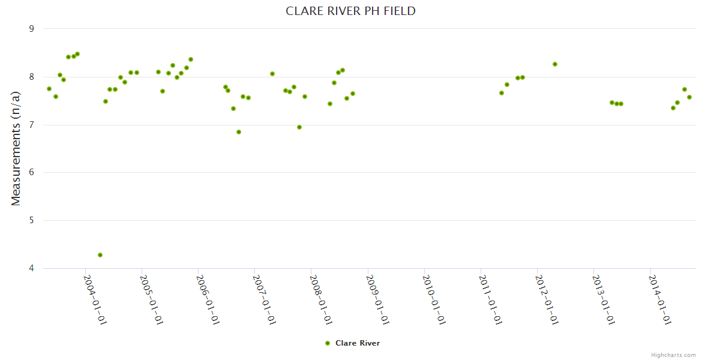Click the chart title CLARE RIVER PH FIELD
click(x=350, y=11)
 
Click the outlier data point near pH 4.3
click(x=100, y=255)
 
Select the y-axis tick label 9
click(x=31, y=29)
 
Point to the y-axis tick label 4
click(x=31, y=268)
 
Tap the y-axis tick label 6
click(x=31, y=173)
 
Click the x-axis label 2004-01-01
click(x=95, y=300)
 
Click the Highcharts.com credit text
click(x=673, y=355)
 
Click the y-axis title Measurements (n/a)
click(x=16, y=148)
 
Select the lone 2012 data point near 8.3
click(x=555, y=64)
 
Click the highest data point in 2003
click(x=77, y=54)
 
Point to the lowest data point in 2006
click(x=239, y=132)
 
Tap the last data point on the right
click(x=689, y=97)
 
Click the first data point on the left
click(x=49, y=89)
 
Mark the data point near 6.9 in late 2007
click(x=299, y=127)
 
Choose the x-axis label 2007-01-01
click(x=264, y=300)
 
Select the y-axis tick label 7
click(x=31, y=125)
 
